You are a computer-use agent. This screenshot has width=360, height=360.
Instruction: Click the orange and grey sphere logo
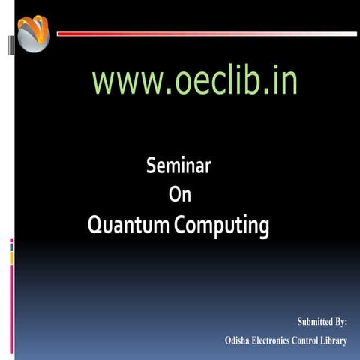33,33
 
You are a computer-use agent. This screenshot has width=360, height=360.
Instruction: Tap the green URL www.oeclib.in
194,82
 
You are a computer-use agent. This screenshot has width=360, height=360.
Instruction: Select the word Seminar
178,166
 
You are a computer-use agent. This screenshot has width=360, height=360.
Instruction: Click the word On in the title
180,195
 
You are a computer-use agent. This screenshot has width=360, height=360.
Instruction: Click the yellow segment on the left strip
11,258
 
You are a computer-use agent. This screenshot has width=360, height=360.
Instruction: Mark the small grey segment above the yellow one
11,247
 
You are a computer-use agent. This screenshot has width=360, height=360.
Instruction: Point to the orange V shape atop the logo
34,27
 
